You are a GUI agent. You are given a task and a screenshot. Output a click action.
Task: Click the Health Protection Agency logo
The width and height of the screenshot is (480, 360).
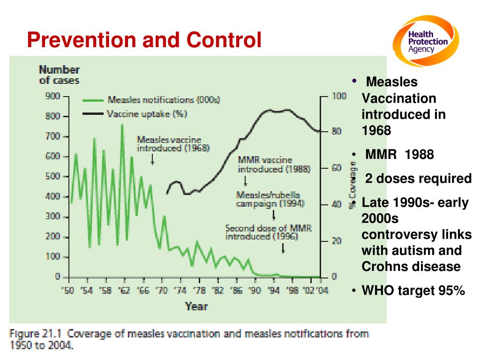[426, 41]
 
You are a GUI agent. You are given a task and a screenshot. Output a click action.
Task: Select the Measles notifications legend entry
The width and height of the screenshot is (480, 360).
[151, 100]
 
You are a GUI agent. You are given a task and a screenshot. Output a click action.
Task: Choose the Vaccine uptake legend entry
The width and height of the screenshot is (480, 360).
[135, 114]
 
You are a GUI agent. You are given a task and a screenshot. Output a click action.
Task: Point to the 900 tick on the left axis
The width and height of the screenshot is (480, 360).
[52, 96]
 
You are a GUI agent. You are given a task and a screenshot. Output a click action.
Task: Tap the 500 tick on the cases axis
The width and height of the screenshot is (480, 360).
[52, 176]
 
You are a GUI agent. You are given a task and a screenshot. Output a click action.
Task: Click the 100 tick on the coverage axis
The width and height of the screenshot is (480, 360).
[339, 96]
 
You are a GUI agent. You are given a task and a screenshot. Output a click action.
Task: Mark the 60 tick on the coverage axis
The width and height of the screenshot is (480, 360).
[337, 168]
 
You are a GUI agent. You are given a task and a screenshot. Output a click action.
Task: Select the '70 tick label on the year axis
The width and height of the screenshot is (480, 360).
[161, 290]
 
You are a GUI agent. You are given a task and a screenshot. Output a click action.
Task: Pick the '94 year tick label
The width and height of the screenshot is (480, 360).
[273, 290]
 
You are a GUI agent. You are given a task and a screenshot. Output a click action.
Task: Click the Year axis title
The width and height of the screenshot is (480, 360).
[196, 306]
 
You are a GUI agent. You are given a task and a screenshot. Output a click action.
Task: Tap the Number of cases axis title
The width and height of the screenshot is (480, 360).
[60, 75]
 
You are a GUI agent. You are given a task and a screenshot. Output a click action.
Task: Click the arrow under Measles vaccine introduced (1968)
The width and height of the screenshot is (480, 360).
[152, 159]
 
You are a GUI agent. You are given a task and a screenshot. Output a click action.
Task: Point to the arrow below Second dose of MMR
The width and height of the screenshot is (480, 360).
[283, 248]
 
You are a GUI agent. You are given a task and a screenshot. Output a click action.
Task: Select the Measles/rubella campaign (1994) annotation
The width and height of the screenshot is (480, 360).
[270, 199]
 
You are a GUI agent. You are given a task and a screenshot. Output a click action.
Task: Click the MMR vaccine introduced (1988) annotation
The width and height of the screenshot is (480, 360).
[274, 165]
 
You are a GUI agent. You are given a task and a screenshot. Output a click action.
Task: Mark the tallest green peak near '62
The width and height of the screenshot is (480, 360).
[122, 125]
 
